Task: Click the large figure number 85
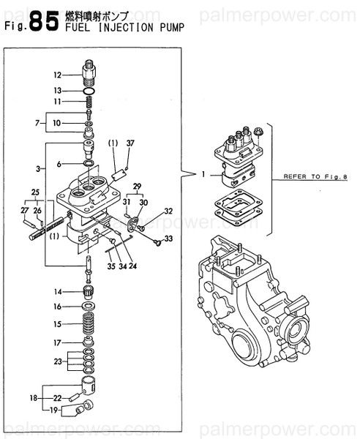(42, 22)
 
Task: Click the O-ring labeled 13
(90, 90)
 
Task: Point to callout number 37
(131, 143)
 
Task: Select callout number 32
(168, 211)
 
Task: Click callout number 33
(169, 239)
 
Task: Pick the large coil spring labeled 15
(89, 323)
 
